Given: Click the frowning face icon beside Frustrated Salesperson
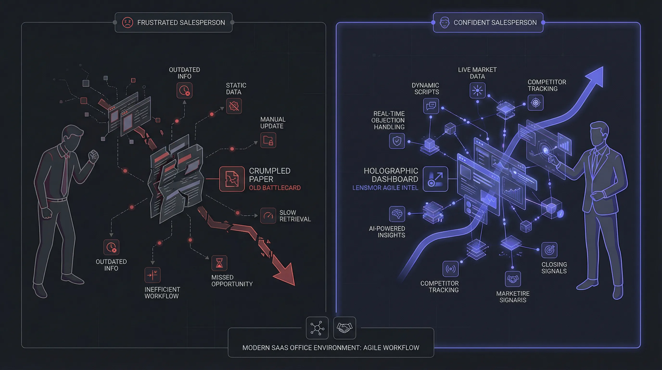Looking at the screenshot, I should pyautogui.click(x=127, y=23).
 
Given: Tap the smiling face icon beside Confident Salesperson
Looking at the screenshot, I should pyautogui.click(x=444, y=23).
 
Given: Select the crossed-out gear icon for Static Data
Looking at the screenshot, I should pyautogui.click(x=234, y=106).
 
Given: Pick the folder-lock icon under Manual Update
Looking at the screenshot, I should pyautogui.click(x=268, y=140).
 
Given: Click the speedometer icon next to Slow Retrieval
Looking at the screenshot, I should pyautogui.click(x=268, y=216).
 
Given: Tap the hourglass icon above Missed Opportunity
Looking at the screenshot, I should pyautogui.click(x=219, y=263).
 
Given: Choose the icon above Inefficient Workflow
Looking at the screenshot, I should pyautogui.click(x=153, y=275).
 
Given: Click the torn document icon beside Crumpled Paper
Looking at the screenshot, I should pyautogui.click(x=232, y=179).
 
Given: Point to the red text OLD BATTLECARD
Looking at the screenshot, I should pyautogui.click(x=274, y=188).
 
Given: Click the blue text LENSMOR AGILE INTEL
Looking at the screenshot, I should pyautogui.click(x=385, y=188).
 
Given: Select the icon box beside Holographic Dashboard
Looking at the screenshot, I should pyautogui.click(x=435, y=179).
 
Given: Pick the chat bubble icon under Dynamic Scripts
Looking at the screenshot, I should pyautogui.click(x=431, y=106).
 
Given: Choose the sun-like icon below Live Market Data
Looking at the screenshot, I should pyautogui.click(x=477, y=91).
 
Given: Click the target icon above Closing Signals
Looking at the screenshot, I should pyautogui.click(x=549, y=250).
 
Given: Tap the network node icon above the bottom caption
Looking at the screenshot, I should pyautogui.click(x=317, y=328).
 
